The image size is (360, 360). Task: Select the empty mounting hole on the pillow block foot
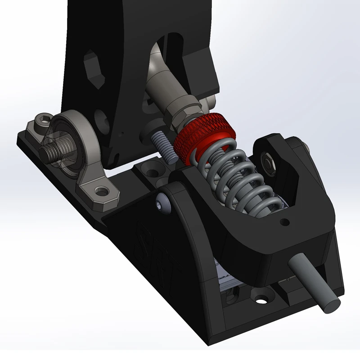pyautogui.click(x=103, y=192)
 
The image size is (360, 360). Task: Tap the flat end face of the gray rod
pyautogui.click(x=330, y=306)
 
